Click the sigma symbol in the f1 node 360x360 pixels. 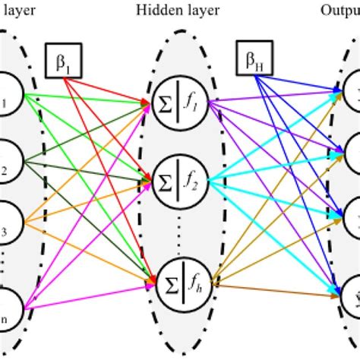tap(164, 109)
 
